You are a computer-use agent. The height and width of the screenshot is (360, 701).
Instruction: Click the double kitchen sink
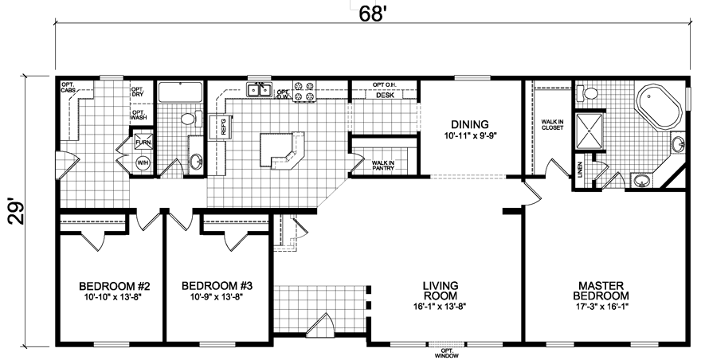[x=259, y=90]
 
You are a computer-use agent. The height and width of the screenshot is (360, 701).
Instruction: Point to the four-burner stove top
[x=303, y=91]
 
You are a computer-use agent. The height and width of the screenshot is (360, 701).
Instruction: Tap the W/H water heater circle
[x=143, y=162]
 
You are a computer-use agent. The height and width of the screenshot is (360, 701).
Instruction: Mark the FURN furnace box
[x=143, y=143]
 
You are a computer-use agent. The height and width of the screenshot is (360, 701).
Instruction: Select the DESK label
[x=386, y=95]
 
